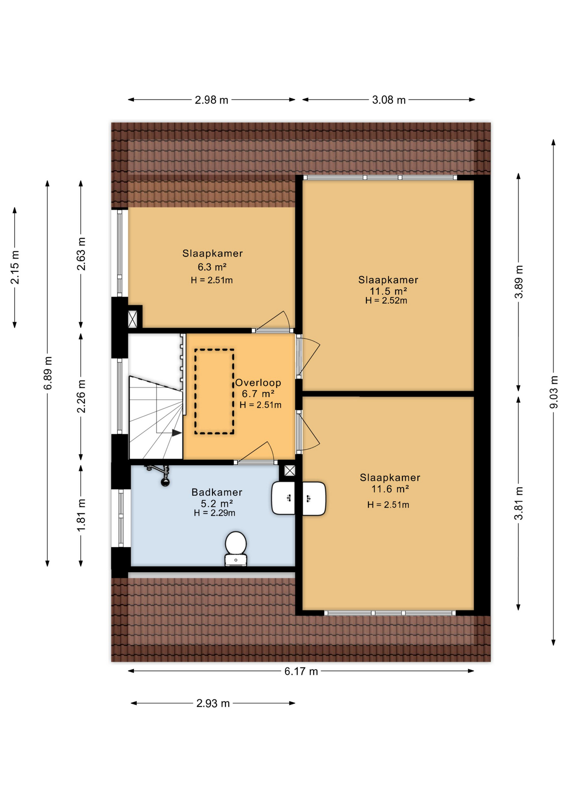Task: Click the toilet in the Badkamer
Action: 235,548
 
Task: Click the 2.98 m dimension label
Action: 211,100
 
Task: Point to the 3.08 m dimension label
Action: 389,100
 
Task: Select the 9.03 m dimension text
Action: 553,392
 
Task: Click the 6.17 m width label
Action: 301,671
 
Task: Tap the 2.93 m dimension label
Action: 213,703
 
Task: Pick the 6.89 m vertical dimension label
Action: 48,373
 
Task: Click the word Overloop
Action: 258,382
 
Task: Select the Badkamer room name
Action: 217,492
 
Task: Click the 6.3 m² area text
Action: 212,267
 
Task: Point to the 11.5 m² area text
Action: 388,291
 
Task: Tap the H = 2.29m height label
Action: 214,513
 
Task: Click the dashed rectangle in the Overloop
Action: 214,391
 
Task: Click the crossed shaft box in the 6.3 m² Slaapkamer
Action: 133,319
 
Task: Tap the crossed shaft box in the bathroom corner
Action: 289,471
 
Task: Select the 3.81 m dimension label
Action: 519,504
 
